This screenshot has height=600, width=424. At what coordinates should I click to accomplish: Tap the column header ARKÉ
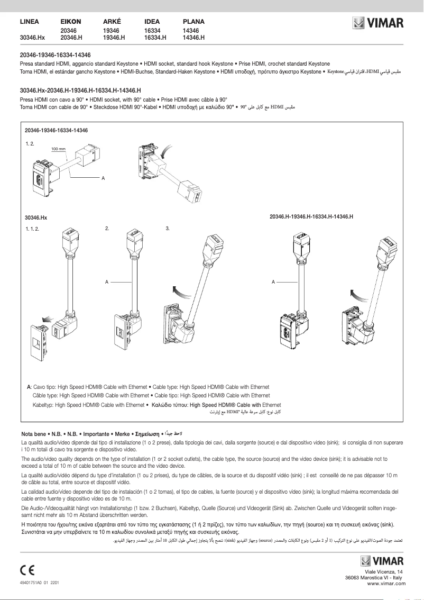pos(112,22)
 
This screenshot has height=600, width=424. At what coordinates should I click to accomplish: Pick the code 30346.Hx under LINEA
pos(32,38)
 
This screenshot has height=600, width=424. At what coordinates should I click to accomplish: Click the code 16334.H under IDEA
pos(155,38)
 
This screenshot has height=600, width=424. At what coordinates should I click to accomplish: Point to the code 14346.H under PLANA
pos(193,38)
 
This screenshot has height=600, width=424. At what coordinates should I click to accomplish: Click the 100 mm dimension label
pos(58,149)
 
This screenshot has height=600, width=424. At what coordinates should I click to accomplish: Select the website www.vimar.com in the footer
pos(386,584)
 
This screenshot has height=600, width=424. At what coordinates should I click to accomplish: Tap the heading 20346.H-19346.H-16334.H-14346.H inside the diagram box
pos(311,217)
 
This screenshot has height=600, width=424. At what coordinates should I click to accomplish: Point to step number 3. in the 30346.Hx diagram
pos(168,229)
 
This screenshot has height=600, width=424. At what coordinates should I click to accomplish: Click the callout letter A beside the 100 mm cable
pos(104,177)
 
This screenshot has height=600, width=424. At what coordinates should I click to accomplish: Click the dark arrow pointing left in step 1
pos(48,319)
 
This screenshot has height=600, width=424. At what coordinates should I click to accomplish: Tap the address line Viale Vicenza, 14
pos(384,572)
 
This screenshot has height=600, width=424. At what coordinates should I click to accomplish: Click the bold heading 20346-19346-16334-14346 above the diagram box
pos(55,55)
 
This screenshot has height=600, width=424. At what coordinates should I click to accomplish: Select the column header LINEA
pos(30,22)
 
